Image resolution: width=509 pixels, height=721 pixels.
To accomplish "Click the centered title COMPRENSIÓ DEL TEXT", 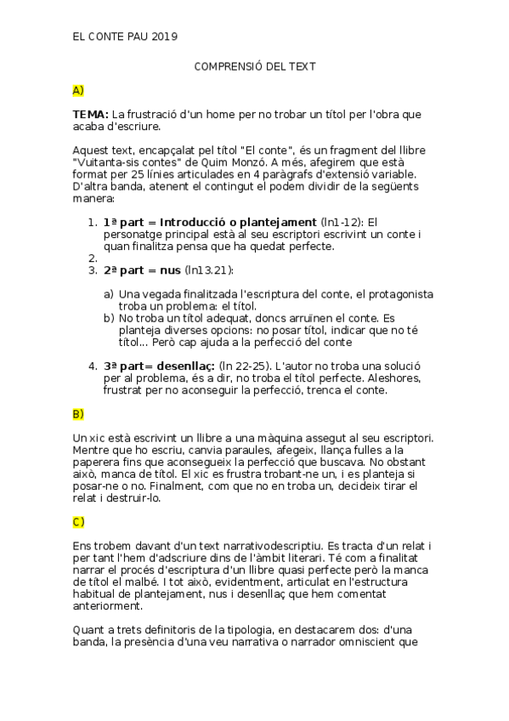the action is click(x=255, y=65).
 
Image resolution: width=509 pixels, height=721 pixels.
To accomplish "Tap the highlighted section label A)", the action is click(x=78, y=89).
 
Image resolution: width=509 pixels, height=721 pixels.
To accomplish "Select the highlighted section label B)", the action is click(x=78, y=414).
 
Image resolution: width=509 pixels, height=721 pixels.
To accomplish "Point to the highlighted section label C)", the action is click(x=78, y=521).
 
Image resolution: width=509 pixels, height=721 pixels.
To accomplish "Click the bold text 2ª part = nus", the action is click(x=142, y=270).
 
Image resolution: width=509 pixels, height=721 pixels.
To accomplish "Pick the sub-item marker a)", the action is click(x=109, y=294).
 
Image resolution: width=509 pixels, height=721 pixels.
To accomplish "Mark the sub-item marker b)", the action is click(x=109, y=318).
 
